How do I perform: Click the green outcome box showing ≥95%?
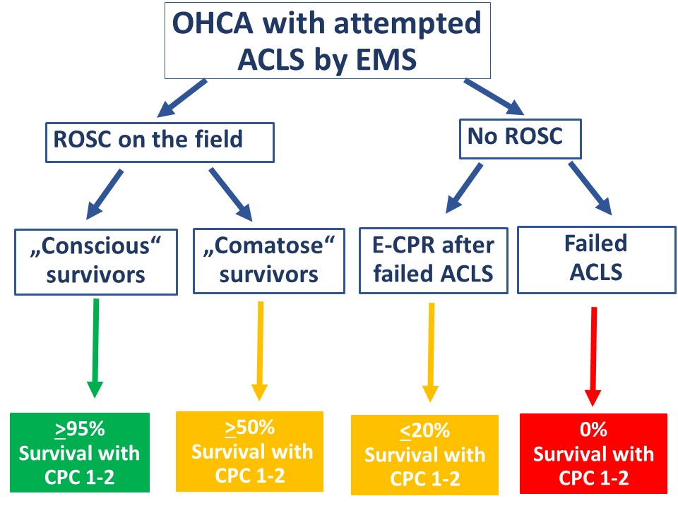(x=80, y=452)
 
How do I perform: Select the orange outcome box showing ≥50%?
(x=249, y=452)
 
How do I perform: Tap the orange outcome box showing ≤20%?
(x=424, y=455)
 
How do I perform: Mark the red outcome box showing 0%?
(x=593, y=454)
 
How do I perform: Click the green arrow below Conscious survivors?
(x=95, y=348)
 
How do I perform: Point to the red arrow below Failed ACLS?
(x=593, y=357)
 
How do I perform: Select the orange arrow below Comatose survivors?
(x=260, y=351)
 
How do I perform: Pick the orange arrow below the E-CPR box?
(x=431, y=353)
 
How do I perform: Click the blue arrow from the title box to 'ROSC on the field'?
(x=182, y=98)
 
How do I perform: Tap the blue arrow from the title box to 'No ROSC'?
(x=494, y=97)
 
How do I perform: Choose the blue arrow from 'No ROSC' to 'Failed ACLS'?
(x=590, y=188)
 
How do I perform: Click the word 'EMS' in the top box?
(x=386, y=59)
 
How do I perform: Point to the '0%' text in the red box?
(x=593, y=430)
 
